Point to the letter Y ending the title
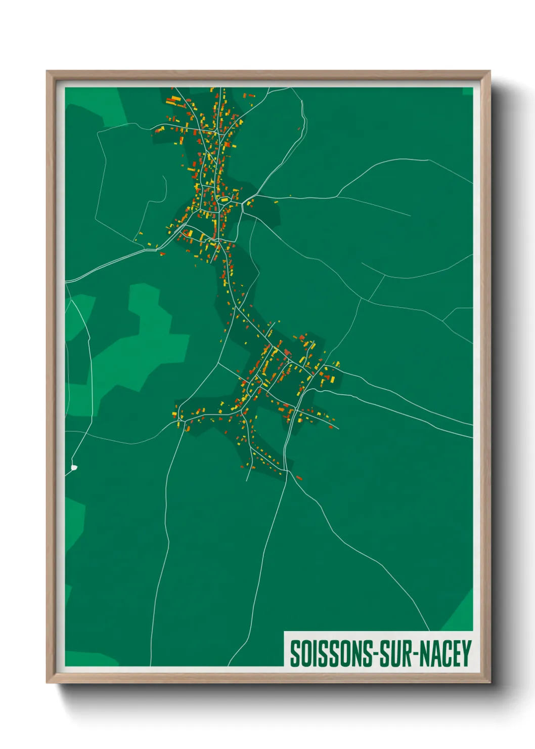point(466,654)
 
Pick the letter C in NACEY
point(445,654)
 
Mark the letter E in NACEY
point(456,654)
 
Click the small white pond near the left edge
point(74,468)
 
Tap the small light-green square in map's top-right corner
point(467,91)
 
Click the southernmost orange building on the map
point(299,477)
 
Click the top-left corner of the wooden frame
point(47,71)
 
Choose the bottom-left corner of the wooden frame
point(47,683)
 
